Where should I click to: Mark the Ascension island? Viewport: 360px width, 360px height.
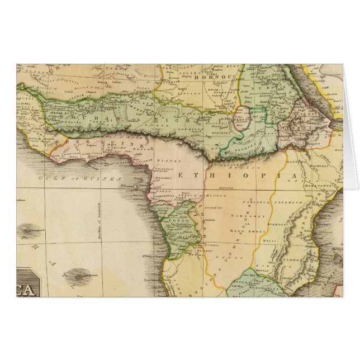click(32, 229)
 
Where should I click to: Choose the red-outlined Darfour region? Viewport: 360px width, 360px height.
click(243, 119)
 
